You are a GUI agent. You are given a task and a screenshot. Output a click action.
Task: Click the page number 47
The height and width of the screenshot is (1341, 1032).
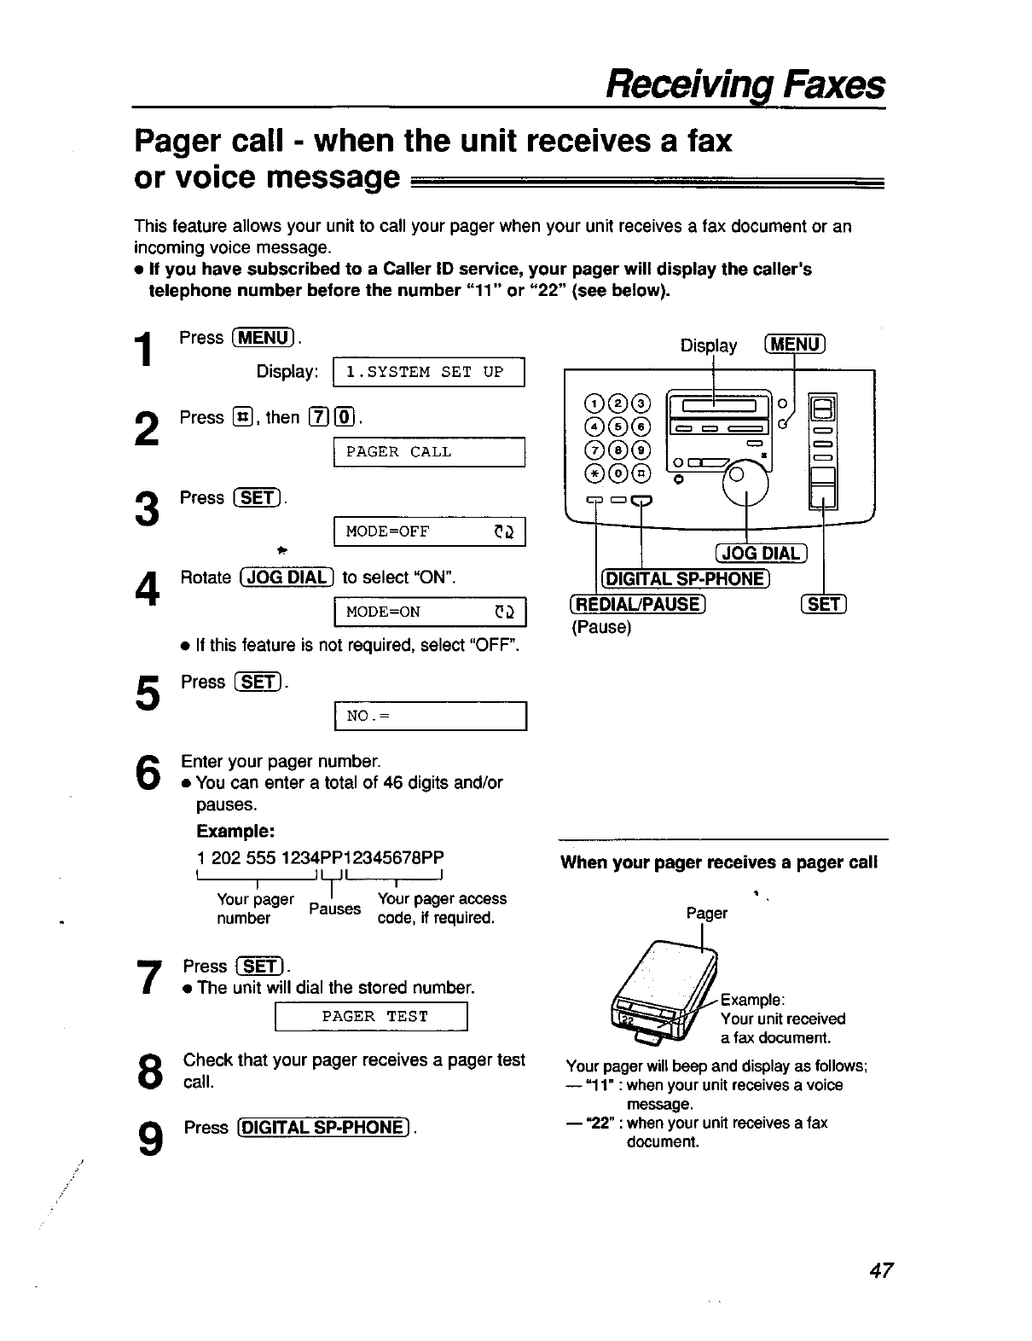tap(880, 1270)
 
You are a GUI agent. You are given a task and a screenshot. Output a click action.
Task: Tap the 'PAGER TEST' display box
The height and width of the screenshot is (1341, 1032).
tap(372, 1016)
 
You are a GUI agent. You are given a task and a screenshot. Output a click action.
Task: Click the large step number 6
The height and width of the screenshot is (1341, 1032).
tap(147, 774)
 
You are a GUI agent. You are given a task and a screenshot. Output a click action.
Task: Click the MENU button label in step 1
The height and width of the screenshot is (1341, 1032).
tap(264, 338)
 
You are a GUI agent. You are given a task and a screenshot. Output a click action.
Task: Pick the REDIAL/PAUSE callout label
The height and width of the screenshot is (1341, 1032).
tap(637, 605)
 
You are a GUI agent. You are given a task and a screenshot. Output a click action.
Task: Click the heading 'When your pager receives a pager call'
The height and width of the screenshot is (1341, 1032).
tap(718, 862)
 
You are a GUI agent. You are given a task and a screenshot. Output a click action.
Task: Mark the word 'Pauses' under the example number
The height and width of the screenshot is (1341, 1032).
tap(335, 909)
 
